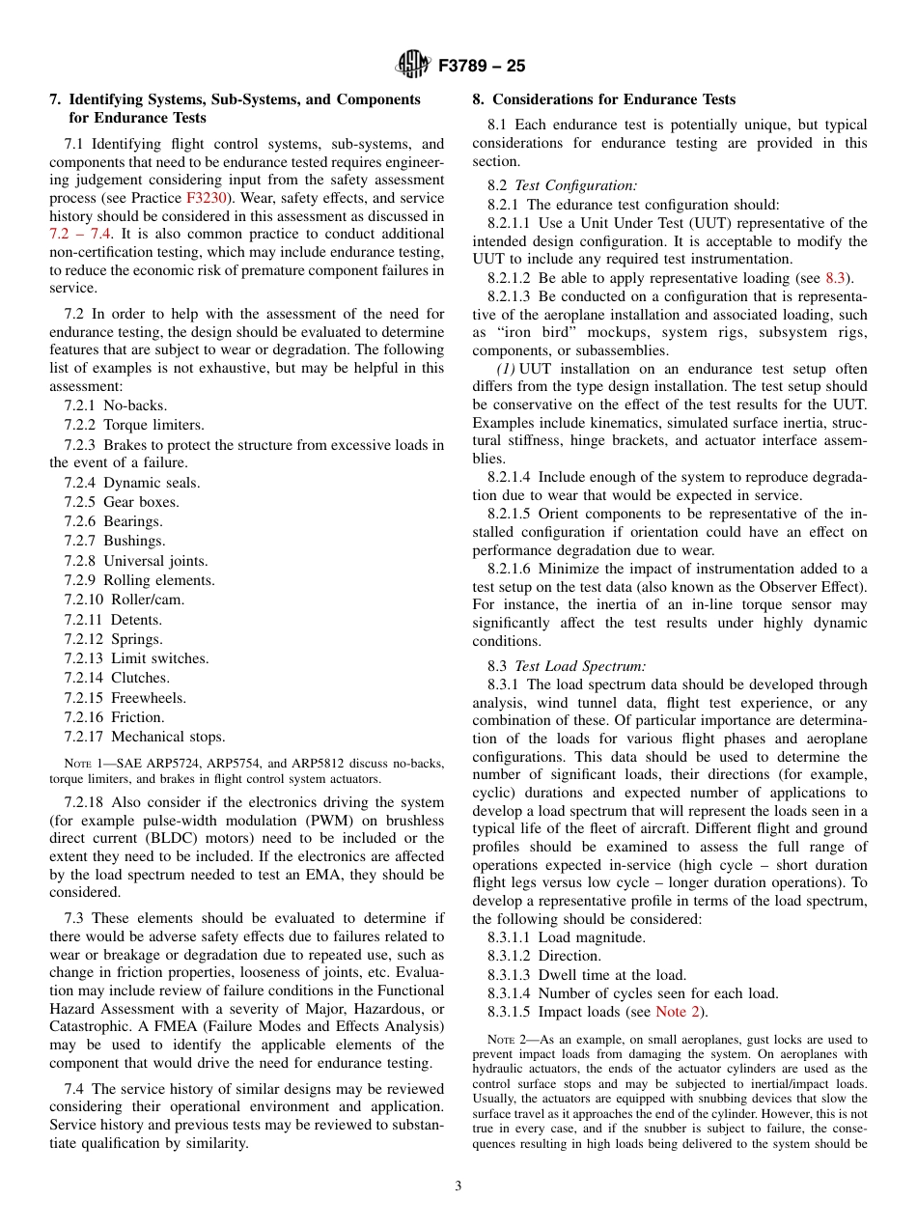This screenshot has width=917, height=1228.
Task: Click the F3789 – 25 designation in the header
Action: (x=482, y=67)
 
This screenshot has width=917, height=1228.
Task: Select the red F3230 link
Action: (x=208, y=198)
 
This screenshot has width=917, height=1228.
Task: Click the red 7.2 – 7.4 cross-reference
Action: (x=80, y=234)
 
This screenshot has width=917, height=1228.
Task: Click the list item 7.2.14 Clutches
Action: (x=117, y=678)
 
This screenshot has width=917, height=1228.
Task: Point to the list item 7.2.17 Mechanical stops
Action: (x=144, y=737)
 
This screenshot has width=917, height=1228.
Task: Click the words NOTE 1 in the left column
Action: (x=80, y=764)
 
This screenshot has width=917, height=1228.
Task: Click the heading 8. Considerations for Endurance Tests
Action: (x=603, y=99)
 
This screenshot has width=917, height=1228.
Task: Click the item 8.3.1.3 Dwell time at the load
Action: (x=586, y=975)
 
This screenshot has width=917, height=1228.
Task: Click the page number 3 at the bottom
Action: (x=458, y=1186)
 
